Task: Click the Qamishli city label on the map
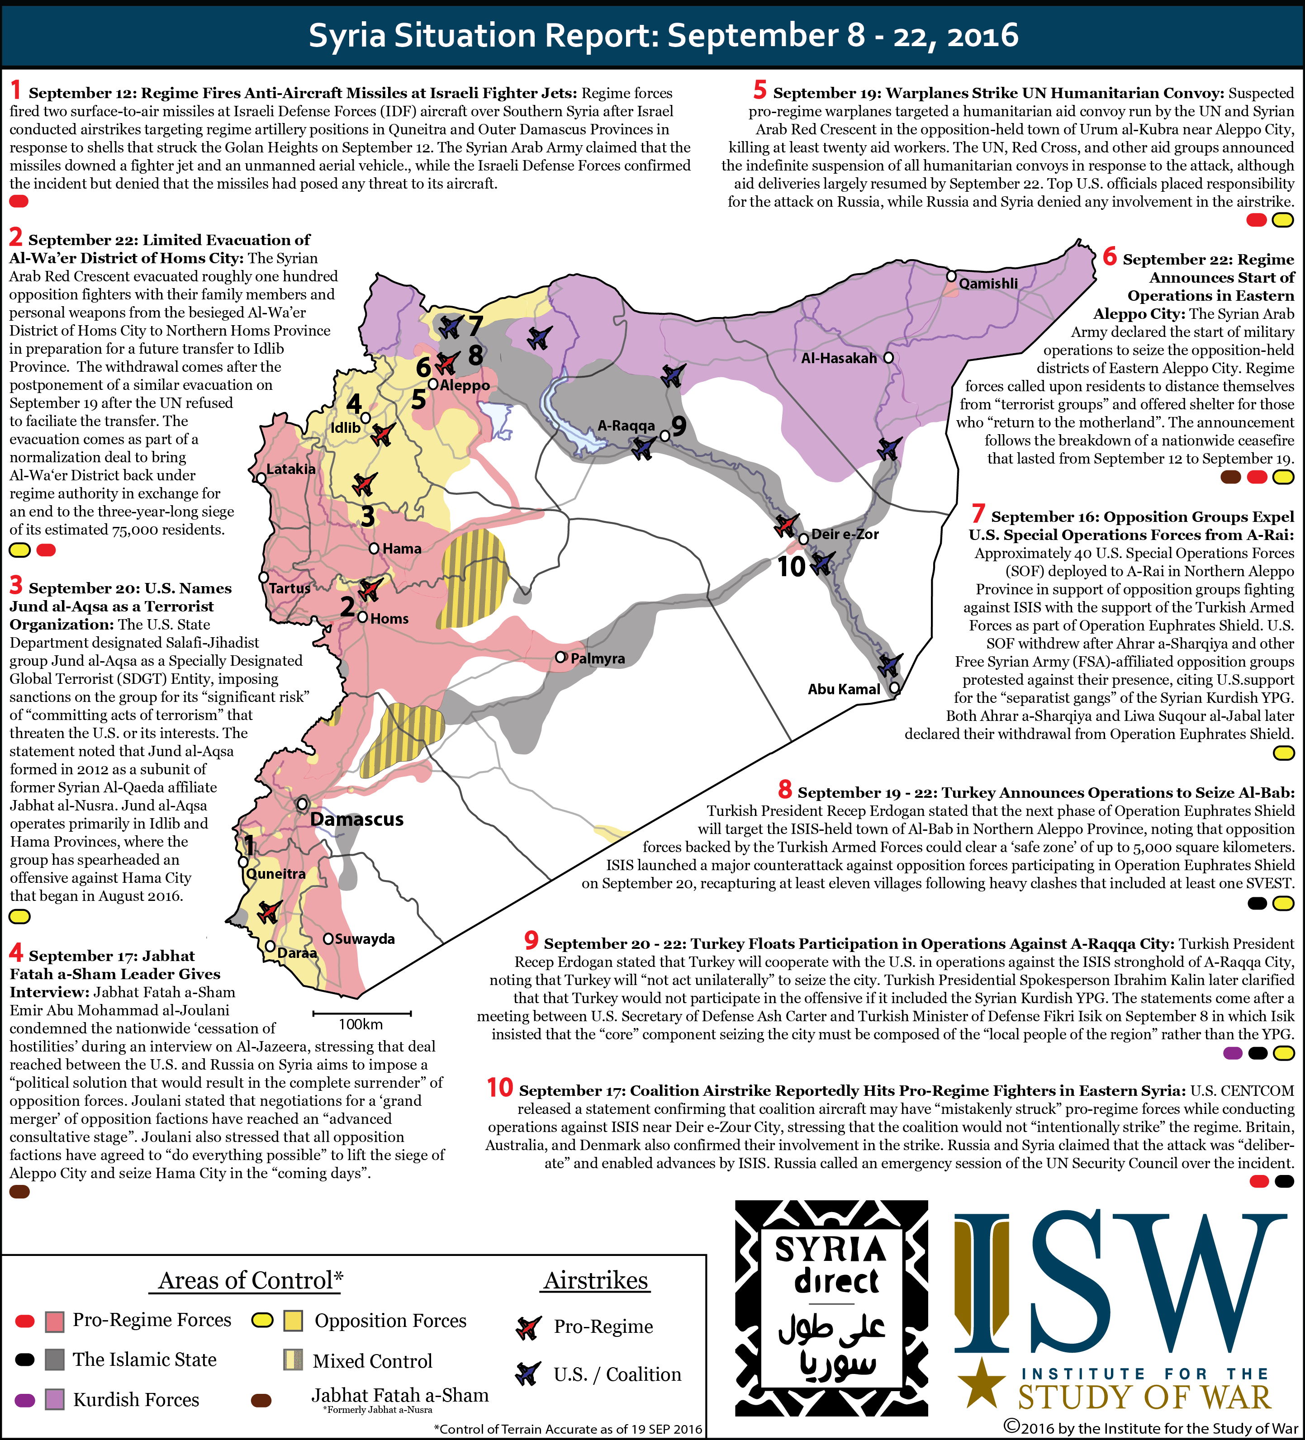[x=988, y=284]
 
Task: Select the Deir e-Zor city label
[x=845, y=534]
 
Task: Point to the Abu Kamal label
[x=844, y=689]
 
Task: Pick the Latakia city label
[x=291, y=469]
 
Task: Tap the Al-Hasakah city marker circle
[x=888, y=357]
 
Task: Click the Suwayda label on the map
[x=364, y=938]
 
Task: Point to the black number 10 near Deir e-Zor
[x=792, y=566]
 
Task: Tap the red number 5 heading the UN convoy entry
[x=759, y=91]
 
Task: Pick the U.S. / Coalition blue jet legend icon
[x=528, y=1373]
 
